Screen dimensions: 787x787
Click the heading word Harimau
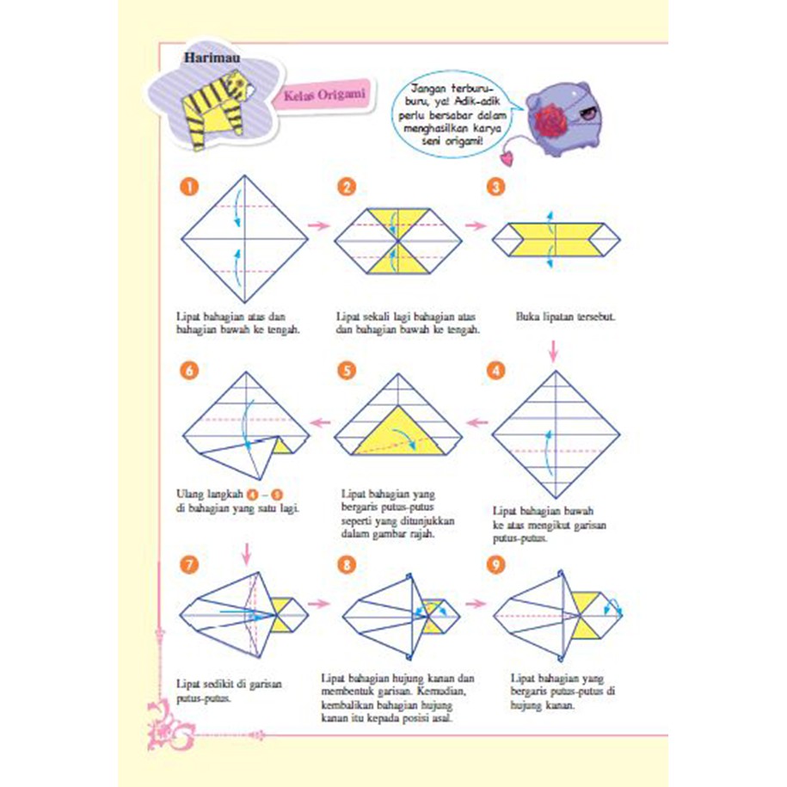point(212,58)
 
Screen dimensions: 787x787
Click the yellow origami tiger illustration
point(217,107)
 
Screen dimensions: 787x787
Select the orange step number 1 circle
point(186,188)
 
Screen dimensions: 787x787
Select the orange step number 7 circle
point(190,564)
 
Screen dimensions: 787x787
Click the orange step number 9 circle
point(496,564)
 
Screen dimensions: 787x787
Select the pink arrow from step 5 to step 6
point(320,421)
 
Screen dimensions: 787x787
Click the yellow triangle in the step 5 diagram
point(393,432)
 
